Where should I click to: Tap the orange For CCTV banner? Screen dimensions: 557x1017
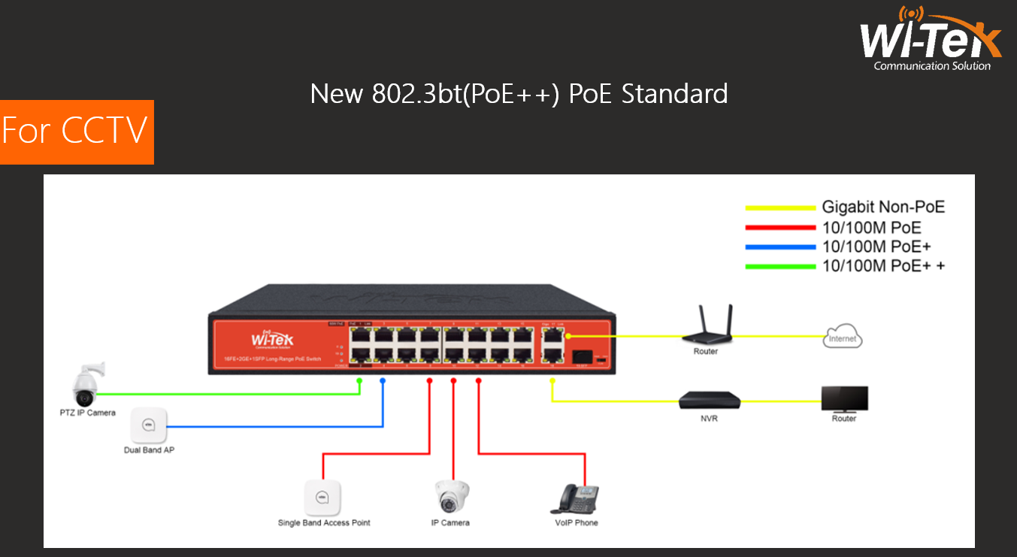click(x=76, y=132)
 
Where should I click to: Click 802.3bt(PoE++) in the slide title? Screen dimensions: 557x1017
click(x=466, y=94)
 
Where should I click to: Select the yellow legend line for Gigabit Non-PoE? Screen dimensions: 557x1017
click(x=779, y=207)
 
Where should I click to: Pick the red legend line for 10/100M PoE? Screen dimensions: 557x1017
click(x=779, y=227)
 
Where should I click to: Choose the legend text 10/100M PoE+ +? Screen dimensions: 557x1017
click(x=883, y=265)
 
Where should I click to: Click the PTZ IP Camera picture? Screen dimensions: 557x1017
click(x=86, y=386)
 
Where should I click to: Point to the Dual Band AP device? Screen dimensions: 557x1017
click(x=148, y=426)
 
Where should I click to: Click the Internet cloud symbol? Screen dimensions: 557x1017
click(x=843, y=338)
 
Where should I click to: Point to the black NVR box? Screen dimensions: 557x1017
click(x=709, y=401)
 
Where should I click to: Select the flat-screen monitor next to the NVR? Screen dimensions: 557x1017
click(x=844, y=398)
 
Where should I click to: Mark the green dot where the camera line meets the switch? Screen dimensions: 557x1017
click(x=359, y=381)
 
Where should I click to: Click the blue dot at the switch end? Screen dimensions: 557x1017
click(x=383, y=381)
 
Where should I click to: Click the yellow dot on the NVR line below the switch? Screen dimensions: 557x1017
click(x=552, y=381)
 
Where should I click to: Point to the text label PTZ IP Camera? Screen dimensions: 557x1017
click(x=88, y=413)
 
